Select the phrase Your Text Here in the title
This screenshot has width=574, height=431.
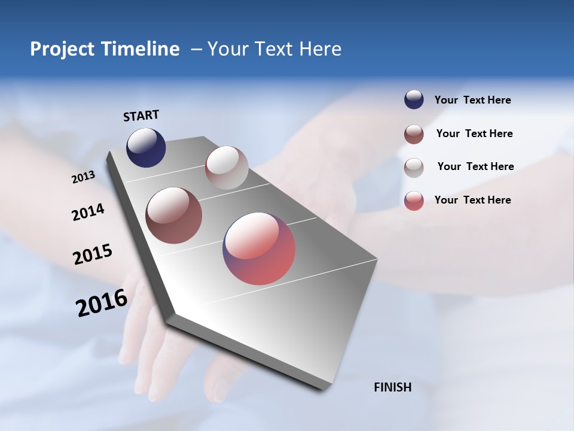coord(274,49)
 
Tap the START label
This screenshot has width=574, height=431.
coord(141,116)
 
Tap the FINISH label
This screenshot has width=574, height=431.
coord(392,387)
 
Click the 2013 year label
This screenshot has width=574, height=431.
coord(83,177)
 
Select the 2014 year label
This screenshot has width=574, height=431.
coord(88,212)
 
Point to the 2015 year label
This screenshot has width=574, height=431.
coord(93,254)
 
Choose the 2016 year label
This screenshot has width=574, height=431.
coord(102,303)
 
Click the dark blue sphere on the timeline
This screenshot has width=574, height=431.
coord(146,148)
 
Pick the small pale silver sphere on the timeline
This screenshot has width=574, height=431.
coord(227,168)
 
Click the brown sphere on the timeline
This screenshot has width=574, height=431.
coord(174,215)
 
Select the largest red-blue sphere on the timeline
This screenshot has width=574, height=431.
coord(259,248)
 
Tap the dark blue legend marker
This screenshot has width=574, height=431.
coord(414,99)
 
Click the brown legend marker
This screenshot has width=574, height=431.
coord(414,134)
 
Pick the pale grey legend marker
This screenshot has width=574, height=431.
coord(414,168)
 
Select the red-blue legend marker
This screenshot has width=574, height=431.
coord(414,201)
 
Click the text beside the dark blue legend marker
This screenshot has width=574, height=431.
coord(472,100)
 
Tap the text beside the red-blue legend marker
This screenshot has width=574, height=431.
coord(472,200)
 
